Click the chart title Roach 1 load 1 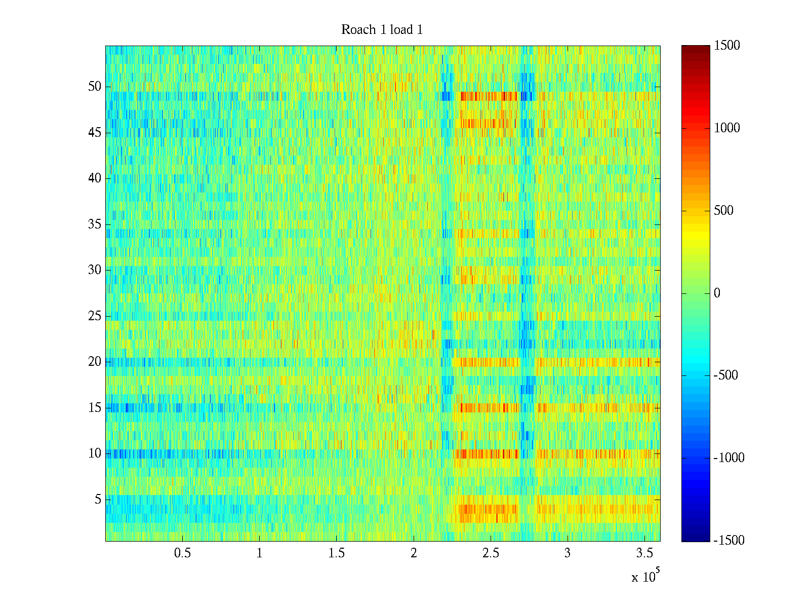[382, 30]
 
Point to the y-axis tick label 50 [95, 87]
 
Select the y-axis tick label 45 [95, 133]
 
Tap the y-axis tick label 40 [95, 178]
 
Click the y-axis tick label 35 [95, 224]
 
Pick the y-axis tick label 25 [95, 316]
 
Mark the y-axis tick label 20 [95, 362]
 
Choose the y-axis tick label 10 [95, 453]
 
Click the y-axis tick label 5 [98, 500]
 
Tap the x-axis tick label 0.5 [182, 553]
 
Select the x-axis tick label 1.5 [337, 553]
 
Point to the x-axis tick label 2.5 [491, 553]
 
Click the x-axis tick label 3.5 [644, 553]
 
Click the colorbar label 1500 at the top [727, 46]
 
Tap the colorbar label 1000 [727, 128]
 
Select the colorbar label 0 [717, 293]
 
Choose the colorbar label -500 [725, 375]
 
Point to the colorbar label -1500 [728, 541]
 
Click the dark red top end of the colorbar [696, 48]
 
